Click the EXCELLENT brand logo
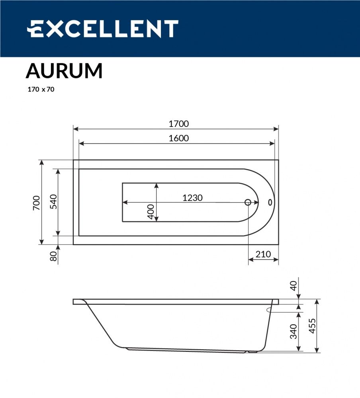click(102, 29)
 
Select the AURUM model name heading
click(64, 71)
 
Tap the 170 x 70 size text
click(41, 90)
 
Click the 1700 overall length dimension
click(178, 124)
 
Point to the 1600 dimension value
click(178, 138)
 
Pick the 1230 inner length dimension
click(192, 197)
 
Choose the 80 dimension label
click(53, 256)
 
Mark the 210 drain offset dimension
click(263, 254)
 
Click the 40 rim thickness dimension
click(293, 285)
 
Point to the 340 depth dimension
click(293, 331)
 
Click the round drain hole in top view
click(247, 202)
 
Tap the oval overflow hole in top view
click(270, 202)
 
